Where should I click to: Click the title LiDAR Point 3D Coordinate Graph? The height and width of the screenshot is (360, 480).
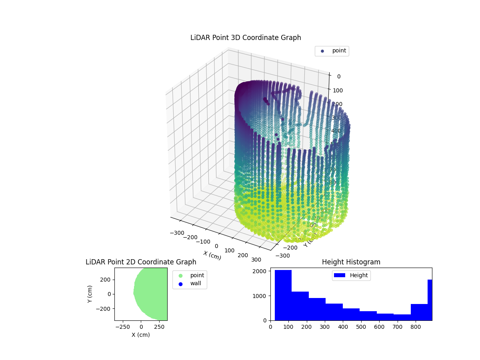coord(246,38)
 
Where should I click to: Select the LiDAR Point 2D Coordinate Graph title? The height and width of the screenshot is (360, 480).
coord(141,262)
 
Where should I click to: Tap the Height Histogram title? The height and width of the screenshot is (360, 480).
coord(351,262)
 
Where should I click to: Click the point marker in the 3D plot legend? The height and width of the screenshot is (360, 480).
coord(322,51)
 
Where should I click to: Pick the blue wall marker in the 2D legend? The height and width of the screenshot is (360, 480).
coord(180,284)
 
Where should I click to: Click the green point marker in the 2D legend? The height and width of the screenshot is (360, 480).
coord(180,276)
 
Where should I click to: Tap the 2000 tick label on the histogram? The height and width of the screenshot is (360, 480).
coord(260,271)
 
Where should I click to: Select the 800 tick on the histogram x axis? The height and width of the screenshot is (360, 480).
coord(416,326)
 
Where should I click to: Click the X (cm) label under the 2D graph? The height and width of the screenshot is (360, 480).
coord(141,335)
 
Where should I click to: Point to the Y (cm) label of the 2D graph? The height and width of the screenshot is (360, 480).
coord(90,294)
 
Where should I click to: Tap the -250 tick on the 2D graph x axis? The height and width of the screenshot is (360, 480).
coord(123,326)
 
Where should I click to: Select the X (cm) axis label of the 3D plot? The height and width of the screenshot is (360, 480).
coord(212,256)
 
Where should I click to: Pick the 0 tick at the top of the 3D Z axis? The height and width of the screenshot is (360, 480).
coord(338,76)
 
